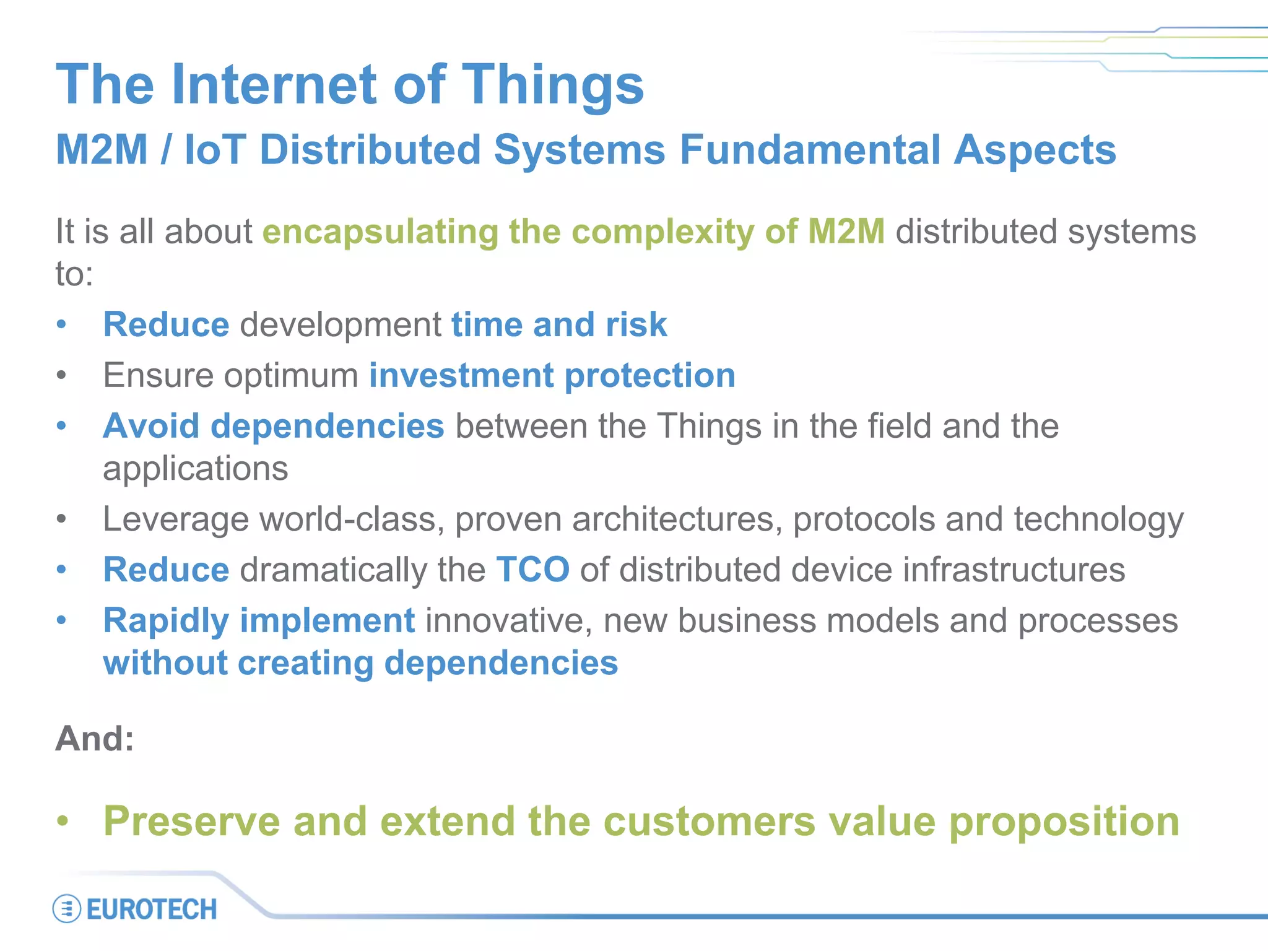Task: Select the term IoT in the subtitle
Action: pyautogui.click(x=215, y=150)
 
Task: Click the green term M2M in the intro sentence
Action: pyautogui.click(x=846, y=232)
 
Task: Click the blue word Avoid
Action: pyautogui.click(x=151, y=426)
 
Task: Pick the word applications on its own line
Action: pyautogui.click(x=195, y=469)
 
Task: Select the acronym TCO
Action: pyautogui.click(x=532, y=570)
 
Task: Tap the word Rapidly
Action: pyautogui.click(x=166, y=622)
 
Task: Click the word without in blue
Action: pyautogui.click(x=165, y=663)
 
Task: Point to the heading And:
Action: pyautogui.click(x=95, y=739)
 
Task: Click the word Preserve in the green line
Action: pyautogui.click(x=192, y=822)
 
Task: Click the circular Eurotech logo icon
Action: pyautogui.click(x=66, y=909)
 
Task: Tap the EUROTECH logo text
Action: pyautogui.click(x=152, y=910)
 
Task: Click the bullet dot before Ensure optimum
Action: pyautogui.click(x=61, y=375)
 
